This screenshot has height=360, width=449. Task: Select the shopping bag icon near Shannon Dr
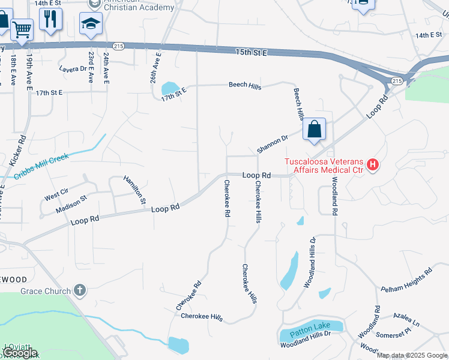[x=315, y=129]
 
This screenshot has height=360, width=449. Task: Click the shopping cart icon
[x=22, y=28]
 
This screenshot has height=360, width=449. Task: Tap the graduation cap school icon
[x=91, y=24]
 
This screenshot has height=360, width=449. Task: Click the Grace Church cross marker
[x=79, y=291]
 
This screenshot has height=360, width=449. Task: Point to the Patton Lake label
[x=310, y=326]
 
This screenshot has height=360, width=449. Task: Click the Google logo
[x=19, y=353]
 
